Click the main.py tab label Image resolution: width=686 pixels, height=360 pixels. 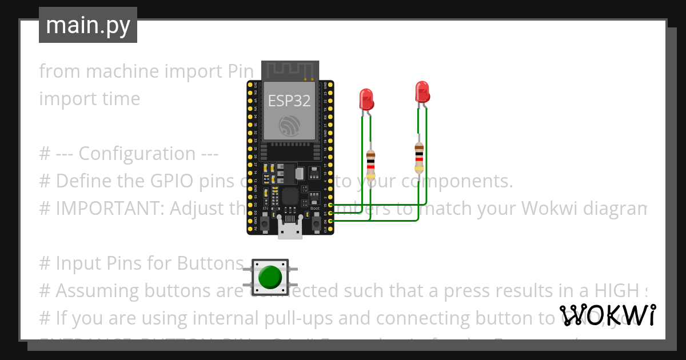(x=87, y=25)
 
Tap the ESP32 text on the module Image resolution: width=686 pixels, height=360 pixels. (x=289, y=101)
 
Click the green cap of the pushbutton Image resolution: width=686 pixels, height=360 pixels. (x=270, y=277)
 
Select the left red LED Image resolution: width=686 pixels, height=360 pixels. (x=366, y=99)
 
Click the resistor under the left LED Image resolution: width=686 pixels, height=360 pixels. (x=371, y=162)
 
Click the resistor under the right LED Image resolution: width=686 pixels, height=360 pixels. (x=419, y=157)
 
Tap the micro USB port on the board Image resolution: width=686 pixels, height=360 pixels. (x=290, y=230)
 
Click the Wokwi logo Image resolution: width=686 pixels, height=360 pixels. (x=607, y=315)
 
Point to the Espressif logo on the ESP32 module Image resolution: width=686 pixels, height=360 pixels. (x=289, y=125)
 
